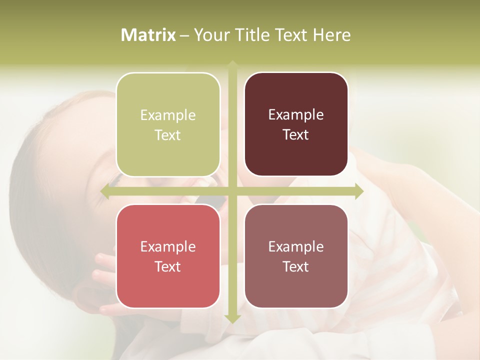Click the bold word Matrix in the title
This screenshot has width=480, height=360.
(148, 35)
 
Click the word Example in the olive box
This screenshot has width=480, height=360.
(168, 115)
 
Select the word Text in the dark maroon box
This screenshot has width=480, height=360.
(296, 135)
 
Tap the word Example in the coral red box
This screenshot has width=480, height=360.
(168, 247)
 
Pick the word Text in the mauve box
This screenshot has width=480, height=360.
(296, 266)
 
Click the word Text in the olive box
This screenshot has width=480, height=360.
(168, 135)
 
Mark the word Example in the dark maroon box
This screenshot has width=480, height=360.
(296, 115)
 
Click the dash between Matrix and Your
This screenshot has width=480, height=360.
(184, 35)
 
